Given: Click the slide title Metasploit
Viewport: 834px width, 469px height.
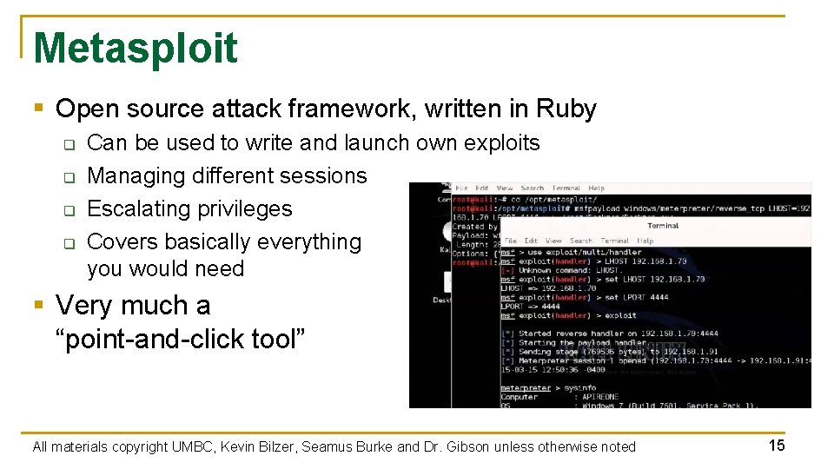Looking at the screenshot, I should pos(135,48).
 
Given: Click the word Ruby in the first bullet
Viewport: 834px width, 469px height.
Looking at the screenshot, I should pos(566,109).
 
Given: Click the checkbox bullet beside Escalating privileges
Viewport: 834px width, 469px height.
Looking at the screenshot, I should pos(69,210).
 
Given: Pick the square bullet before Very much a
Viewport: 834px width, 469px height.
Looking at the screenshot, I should pos(38,306).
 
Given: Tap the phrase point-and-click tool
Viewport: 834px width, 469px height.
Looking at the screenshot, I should pos(181,340).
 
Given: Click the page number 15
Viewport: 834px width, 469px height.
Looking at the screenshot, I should pos(777,446).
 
